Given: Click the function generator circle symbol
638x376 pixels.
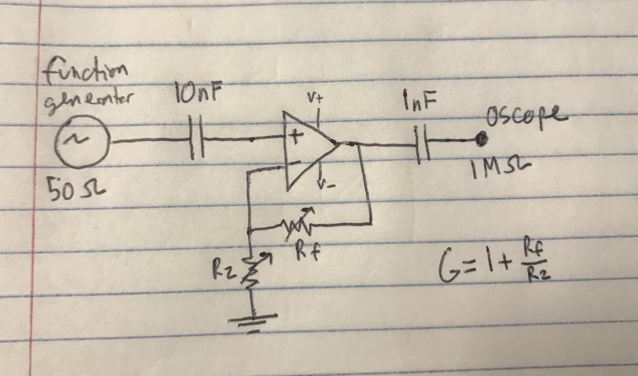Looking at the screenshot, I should pyautogui.click(x=87, y=142).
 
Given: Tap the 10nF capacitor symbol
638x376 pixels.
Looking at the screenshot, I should pyautogui.click(x=197, y=142).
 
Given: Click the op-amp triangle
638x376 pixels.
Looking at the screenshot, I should pyautogui.click(x=308, y=145).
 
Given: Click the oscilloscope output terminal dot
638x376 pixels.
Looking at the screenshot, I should pyautogui.click(x=480, y=141).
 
